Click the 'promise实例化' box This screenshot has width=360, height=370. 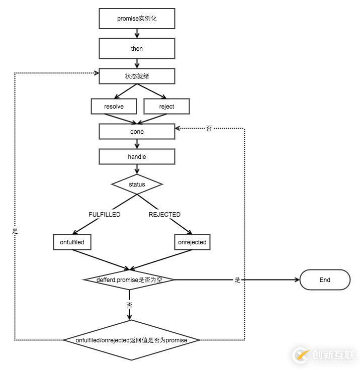point(137,19)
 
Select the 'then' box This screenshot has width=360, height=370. point(137,49)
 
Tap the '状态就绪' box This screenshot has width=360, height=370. point(137,76)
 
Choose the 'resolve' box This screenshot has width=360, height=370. point(114,107)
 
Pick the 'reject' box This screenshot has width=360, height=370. point(166,107)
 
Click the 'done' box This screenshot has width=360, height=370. point(137,132)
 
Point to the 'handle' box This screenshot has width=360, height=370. point(137,157)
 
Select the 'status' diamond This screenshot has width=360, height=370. point(137,184)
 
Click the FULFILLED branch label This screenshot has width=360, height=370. point(105,215)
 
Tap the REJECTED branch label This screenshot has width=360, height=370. point(164,215)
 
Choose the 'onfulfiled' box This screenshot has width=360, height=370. point(72,242)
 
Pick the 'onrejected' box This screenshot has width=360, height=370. point(192,242)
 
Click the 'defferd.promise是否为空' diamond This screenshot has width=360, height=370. point(130,280)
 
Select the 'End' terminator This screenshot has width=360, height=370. point(325,280)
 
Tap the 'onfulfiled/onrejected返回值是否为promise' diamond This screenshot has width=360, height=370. point(131,340)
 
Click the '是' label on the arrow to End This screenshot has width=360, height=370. point(237,280)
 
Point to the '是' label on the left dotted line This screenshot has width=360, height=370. point(15,231)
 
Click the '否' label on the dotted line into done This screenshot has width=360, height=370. point(209,129)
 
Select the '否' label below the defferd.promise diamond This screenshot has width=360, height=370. point(130,305)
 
